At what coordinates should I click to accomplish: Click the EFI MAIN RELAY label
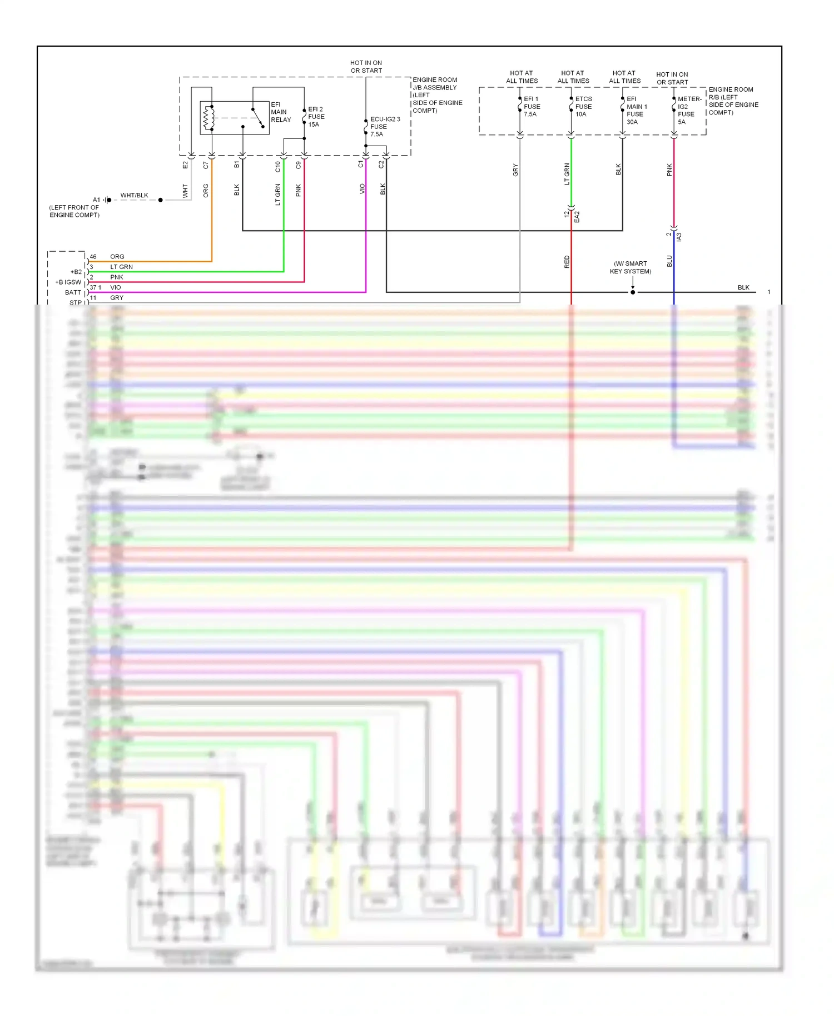click(281, 112)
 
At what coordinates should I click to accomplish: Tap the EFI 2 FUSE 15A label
click(316, 117)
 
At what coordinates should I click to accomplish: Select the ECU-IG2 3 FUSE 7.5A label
click(384, 127)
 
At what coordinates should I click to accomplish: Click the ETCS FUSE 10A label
click(583, 107)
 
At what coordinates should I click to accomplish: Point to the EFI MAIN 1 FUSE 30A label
click(636, 111)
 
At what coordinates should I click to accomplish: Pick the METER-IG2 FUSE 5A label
click(688, 111)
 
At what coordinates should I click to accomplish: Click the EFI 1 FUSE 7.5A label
click(532, 107)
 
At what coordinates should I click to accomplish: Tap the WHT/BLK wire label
click(134, 196)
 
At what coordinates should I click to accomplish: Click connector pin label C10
click(278, 166)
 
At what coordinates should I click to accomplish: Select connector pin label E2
click(185, 165)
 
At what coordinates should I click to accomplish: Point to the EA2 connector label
click(577, 217)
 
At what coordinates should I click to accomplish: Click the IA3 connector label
click(679, 237)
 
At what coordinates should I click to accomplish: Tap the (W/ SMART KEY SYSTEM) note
click(631, 268)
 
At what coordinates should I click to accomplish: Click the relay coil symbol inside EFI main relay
click(209, 117)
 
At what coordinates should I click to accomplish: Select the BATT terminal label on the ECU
click(73, 292)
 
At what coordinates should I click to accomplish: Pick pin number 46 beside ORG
click(93, 257)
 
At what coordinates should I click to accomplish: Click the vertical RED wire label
click(567, 262)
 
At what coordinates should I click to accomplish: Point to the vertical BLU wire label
click(669, 261)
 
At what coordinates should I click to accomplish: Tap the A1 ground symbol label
click(96, 200)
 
